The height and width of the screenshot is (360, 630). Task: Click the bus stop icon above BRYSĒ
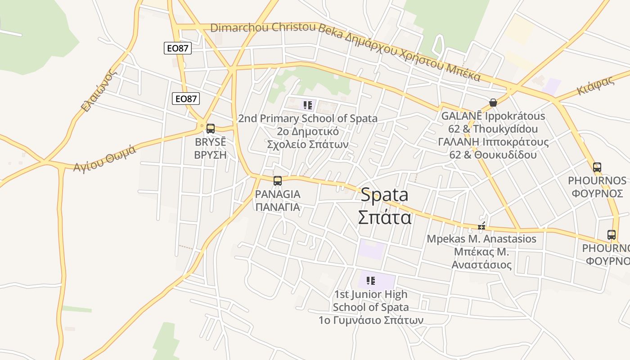coord(210,129)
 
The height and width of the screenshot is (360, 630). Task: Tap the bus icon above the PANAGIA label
coord(278,181)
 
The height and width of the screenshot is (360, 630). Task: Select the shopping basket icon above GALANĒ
coord(493,103)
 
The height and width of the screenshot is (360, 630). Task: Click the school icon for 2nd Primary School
coord(308,106)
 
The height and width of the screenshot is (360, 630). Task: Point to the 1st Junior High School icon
coord(371,281)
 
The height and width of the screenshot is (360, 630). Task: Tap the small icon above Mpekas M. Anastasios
coord(481,226)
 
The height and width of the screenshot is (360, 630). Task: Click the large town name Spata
coord(385,195)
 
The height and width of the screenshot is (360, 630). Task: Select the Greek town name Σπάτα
coord(385,217)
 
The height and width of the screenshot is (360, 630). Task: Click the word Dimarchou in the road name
coord(239,27)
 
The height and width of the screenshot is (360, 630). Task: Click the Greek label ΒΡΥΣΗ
coord(210,155)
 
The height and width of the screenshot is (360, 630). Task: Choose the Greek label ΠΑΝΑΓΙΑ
coord(278,207)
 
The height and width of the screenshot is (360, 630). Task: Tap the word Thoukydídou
coord(506,129)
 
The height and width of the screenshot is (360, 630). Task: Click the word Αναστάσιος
coord(481,265)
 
